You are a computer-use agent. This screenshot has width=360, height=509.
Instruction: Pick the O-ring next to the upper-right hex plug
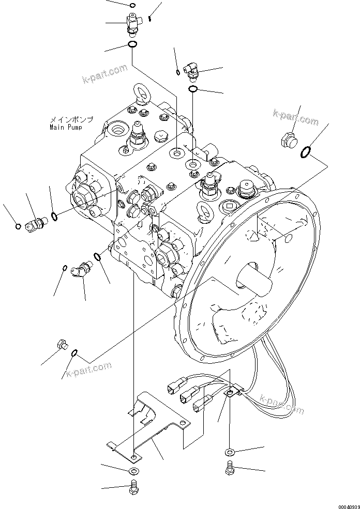tap(306, 151)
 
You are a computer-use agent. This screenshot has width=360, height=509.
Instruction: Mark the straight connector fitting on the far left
tap(36, 224)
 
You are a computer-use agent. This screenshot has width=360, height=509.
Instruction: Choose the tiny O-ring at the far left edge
tap(18, 225)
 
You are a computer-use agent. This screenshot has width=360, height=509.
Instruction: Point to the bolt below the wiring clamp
tap(230, 468)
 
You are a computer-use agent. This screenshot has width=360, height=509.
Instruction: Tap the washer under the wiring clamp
tap(230, 453)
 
